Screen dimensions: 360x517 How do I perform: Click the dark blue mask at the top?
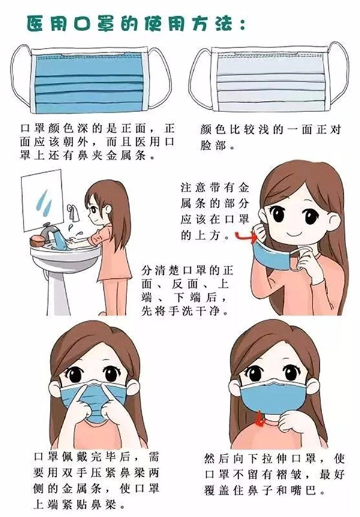(x=89, y=81)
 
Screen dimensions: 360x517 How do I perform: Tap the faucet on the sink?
(x=49, y=231)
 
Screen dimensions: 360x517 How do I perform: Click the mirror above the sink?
(x=42, y=200)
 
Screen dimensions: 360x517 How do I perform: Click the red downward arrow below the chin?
(x=260, y=419)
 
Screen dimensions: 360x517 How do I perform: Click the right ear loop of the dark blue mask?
(x=161, y=78)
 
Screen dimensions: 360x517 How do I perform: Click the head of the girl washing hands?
(x=106, y=207)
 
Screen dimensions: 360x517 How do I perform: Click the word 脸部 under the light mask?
(x=212, y=145)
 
